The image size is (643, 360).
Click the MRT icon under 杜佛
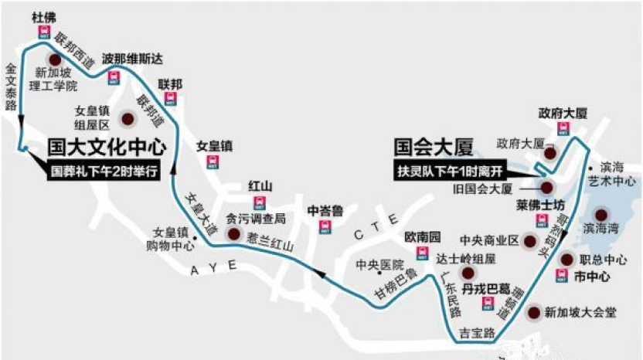[43, 32]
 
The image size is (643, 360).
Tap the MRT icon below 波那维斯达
[113, 76]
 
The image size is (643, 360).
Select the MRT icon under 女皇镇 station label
[211, 162]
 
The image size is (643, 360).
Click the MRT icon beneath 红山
[261, 203]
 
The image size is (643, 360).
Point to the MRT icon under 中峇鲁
[325, 226]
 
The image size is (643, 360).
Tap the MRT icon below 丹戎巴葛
[488, 305]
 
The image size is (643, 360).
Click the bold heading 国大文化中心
[106, 146]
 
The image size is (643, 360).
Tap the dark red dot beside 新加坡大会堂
[532, 313]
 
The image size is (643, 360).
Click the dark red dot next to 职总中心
[566, 260]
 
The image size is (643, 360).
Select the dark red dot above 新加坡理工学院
[55, 59]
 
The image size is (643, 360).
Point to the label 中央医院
[375, 265]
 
